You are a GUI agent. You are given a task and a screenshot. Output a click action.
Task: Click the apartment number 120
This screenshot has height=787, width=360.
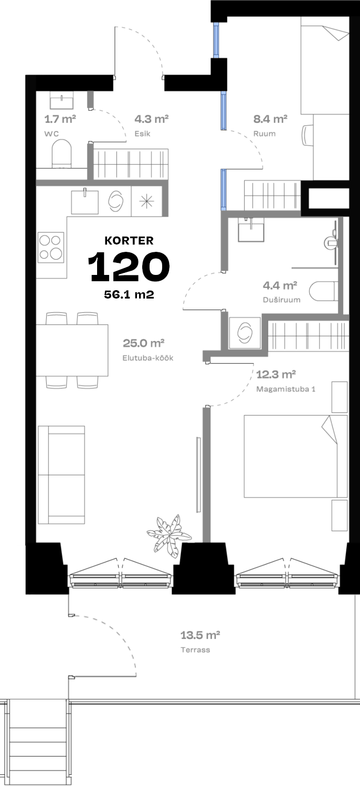click(129, 267)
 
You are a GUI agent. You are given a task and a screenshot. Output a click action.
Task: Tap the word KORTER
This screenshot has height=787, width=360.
click(129, 241)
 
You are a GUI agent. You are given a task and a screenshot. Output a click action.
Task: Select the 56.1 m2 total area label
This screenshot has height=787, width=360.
click(129, 294)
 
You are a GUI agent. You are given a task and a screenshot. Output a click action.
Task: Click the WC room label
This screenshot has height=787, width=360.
click(51, 134)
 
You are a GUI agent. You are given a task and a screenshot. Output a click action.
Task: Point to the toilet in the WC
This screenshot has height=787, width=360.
click(61, 154)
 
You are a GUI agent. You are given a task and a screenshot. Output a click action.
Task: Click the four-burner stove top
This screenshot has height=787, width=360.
click(51, 247)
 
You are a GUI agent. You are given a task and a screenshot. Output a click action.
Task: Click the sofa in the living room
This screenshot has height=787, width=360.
click(61, 475)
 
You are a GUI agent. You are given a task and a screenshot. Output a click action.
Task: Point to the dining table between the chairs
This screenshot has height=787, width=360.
click(72, 350)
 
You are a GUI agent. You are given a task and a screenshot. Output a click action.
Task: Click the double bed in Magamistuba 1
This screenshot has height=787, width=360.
click(296, 456)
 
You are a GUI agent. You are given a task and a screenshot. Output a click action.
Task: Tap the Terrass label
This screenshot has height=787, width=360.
click(195, 650)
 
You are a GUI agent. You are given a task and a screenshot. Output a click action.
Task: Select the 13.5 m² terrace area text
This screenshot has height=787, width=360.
click(200, 635)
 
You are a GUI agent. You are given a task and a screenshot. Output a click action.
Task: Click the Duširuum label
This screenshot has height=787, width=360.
click(282, 300)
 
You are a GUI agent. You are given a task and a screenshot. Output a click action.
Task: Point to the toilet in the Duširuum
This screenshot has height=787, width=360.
click(322, 291)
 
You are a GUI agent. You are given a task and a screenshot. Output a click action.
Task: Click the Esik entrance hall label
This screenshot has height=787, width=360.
click(142, 134)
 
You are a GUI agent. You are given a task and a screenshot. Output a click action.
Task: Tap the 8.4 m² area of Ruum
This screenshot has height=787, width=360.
click(270, 119)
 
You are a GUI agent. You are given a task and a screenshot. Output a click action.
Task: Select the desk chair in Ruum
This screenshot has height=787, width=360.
click(308, 135)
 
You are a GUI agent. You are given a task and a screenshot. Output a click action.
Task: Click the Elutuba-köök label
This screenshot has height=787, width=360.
click(148, 358)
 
